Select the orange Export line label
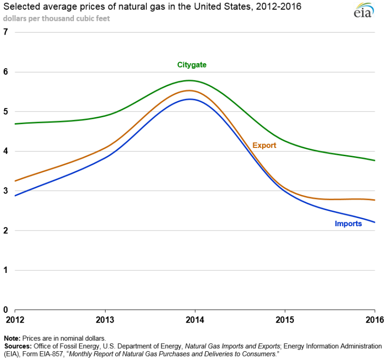click(264, 145)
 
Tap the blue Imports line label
click(348, 224)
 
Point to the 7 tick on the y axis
click(6, 32)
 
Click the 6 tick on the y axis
click(6, 72)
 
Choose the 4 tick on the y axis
click(6, 151)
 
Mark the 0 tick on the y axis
click(6, 310)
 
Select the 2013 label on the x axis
click(105, 320)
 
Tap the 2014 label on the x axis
click(195, 320)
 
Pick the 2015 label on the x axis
click(285, 320)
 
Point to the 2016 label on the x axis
click(375, 320)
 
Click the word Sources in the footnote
click(17, 346)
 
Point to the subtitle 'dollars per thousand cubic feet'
click(56, 18)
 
